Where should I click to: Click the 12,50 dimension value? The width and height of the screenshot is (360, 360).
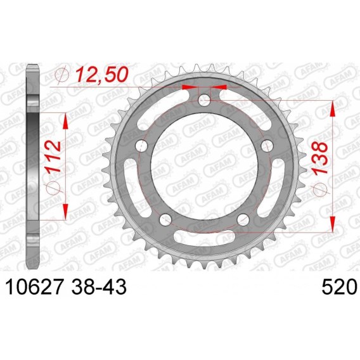click(x=101, y=75)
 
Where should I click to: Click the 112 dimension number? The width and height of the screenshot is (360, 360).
click(x=53, y=157)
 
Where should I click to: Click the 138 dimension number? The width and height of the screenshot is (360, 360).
click(x=319, y=158)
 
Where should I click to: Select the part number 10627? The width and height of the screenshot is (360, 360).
click(x=34, y=287)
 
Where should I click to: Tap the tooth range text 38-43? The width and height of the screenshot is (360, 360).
click(x=99, y=287)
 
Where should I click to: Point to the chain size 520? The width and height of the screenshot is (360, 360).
click(x=340, y=287)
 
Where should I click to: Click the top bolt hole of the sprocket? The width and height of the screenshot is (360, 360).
click(x=204, y=100)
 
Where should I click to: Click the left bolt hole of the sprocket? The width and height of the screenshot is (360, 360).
click(x=141, y=145)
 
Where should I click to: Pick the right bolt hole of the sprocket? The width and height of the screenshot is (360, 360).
click(x=267, y=145)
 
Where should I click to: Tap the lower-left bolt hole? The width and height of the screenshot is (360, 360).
click(x=165, y=220)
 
